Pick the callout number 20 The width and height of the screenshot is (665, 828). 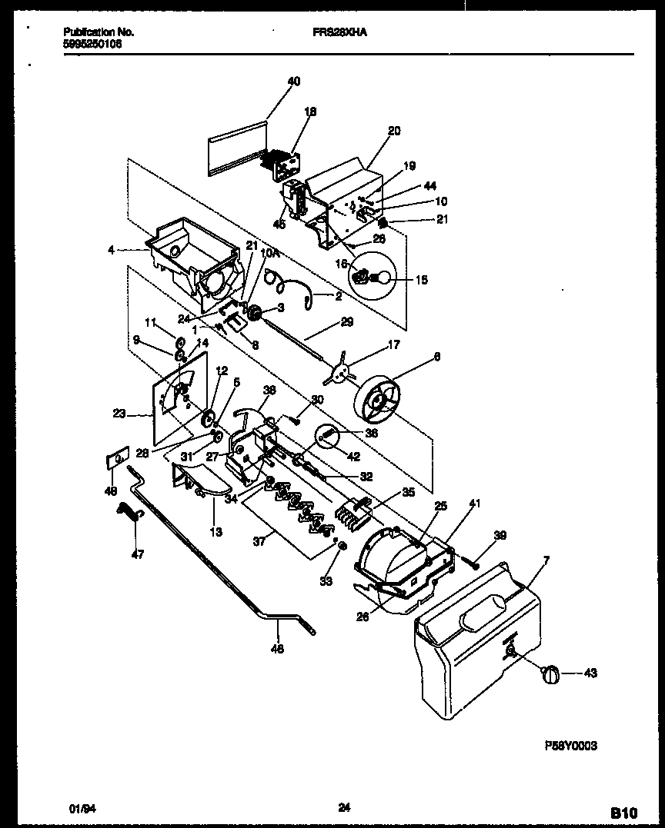[x=393, y=131]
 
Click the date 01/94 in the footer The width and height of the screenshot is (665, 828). [x=79, y=808]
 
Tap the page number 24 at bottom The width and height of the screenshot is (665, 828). [x=344, y=807]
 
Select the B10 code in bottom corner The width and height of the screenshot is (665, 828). [x=624, y=812]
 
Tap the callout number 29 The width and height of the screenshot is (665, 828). [x=347, y=321]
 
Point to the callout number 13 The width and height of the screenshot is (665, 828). [x=216, y=532]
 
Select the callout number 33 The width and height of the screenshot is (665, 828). [x=326, y=581]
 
